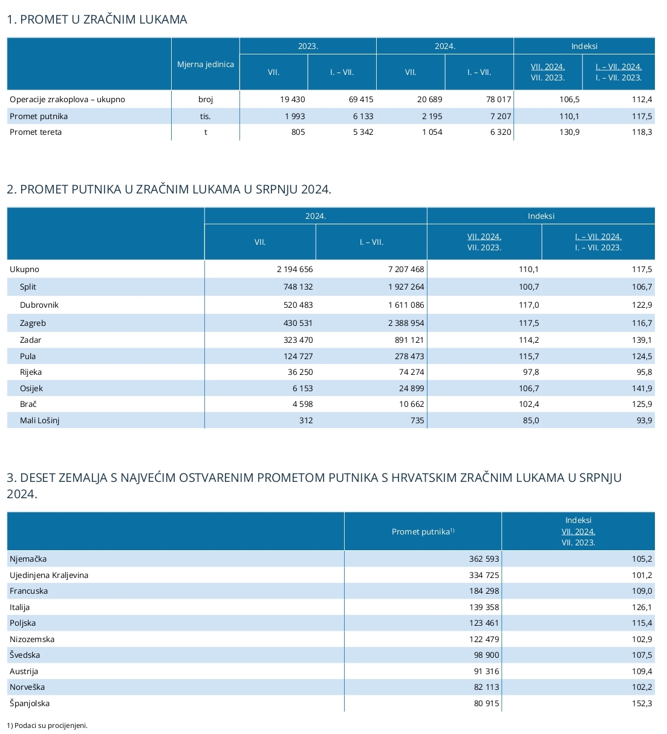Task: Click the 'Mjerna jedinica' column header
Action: pos(205,65)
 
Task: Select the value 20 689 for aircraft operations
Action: pos(429,99)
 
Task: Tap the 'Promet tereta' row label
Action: pos(36,132)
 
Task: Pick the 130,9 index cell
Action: pos(569,132)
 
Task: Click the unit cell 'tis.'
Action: pos(205,116)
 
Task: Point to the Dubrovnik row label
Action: pos(39,305)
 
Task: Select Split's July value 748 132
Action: pos(298,287)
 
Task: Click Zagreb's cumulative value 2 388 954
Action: pos(406,323)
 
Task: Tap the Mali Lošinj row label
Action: pos(39,420)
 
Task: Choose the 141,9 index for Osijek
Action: pos(642,388)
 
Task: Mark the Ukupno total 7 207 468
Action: pos(406,269)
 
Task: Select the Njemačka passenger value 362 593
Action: pos(484,559)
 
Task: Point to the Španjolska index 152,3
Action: pos(642,703)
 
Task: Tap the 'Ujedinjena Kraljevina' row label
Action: pos(49,575)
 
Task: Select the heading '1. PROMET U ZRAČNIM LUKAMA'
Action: pos(97,19)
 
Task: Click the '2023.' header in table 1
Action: pos(308,46)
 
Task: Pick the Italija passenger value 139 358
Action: pos(484,608)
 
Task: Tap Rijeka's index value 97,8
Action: pos(531,372)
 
